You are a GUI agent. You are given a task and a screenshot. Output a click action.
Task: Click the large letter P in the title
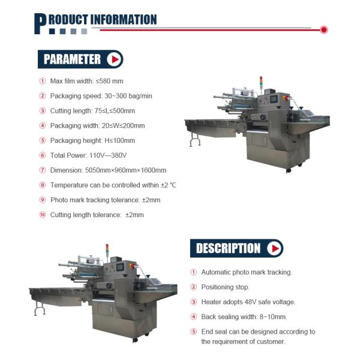(x=41, y=23)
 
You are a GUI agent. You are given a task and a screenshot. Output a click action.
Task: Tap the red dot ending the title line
(x=324, y=29)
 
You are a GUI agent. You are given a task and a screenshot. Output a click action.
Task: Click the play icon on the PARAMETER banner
(x=113, y=59)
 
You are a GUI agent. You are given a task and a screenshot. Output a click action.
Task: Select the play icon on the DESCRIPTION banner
(x=274, y=248)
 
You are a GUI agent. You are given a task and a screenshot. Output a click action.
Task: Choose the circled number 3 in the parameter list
(x=43, y=111)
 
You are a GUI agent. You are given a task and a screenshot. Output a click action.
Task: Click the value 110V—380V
(x=110, y=155)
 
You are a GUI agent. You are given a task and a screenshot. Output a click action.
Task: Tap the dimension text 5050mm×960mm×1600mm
(x=126, y=170)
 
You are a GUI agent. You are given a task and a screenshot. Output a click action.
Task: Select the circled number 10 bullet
(x=43, y=215)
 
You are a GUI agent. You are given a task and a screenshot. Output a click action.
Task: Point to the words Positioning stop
(x=226, y=287)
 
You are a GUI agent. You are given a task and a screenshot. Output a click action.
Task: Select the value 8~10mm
(x=272, y=317)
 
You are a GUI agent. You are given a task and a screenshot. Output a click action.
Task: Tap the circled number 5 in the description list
(x=194, y=332)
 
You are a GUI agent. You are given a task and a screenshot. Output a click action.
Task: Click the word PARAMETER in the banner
(x=72, y=59)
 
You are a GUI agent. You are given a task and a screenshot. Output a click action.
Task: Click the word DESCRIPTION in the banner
(x=228, y=248)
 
